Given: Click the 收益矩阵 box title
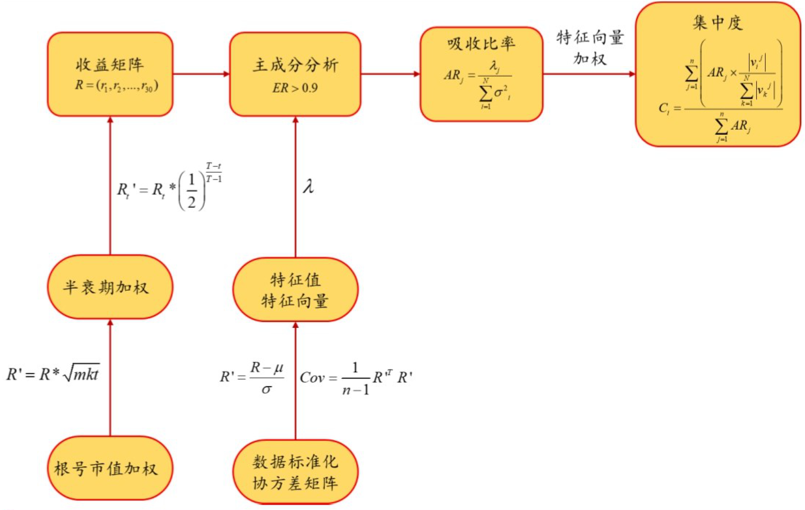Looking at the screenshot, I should [x=110, y=65].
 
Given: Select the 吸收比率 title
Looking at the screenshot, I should [x=481, y=44].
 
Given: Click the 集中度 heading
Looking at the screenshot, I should [x=718, y=23].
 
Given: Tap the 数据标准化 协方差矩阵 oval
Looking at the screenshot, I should [x=295, y=472].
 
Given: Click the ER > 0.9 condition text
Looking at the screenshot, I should [x=295, y=88].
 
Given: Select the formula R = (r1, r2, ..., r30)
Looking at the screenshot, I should [x=117, y=86].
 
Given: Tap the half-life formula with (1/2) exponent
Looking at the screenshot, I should [x=169, y=188].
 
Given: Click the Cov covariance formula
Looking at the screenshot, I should [x=356, y=378].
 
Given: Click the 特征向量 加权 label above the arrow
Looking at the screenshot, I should [x=590, y=48].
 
